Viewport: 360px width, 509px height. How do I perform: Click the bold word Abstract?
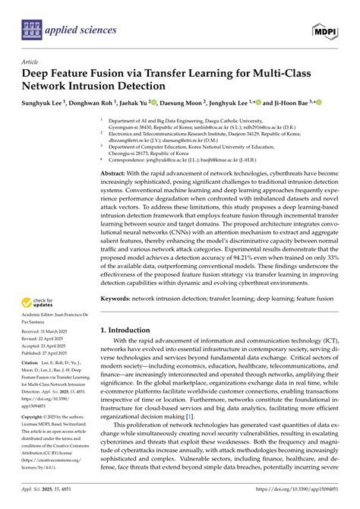tap(115, 173)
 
